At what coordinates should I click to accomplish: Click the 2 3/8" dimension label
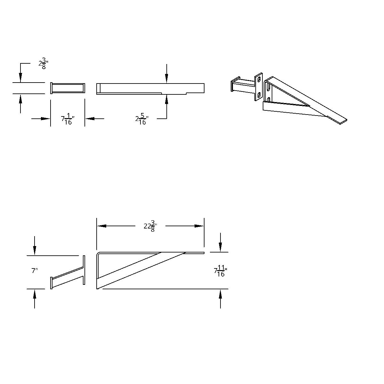(43, 63)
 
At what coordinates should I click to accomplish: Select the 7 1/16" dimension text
(68, 120)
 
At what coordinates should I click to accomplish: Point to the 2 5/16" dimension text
(142, 120)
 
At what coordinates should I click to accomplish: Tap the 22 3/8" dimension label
(150, 226)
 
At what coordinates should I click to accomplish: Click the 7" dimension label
(35, 271)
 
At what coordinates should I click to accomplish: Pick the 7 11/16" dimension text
(220, 271)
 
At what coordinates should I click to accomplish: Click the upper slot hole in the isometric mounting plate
(259, 79)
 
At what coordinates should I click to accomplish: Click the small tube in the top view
(68, 88)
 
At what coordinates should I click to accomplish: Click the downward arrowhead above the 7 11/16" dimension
(220, 248)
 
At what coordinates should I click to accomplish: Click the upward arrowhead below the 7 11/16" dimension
(220, 293)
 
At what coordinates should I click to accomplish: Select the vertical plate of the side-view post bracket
(84, 270)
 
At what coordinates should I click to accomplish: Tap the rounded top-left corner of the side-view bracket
(99, 254)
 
